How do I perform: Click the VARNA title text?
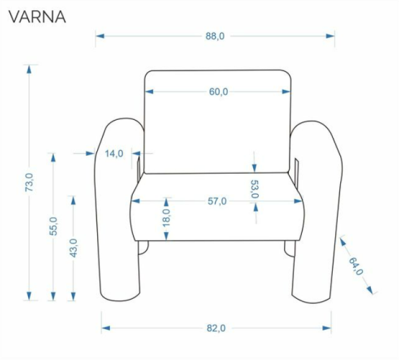point(37,17)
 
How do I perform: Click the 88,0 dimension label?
point(215,36)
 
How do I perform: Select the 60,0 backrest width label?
point(219,91)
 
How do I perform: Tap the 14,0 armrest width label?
point(114,154)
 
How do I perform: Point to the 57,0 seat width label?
point(217,201)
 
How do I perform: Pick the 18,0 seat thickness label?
point(166,218)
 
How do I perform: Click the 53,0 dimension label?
point(254,189)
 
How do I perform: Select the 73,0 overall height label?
point(29,183)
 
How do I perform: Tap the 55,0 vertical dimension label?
point(53,226)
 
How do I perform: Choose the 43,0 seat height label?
point(73,248)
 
